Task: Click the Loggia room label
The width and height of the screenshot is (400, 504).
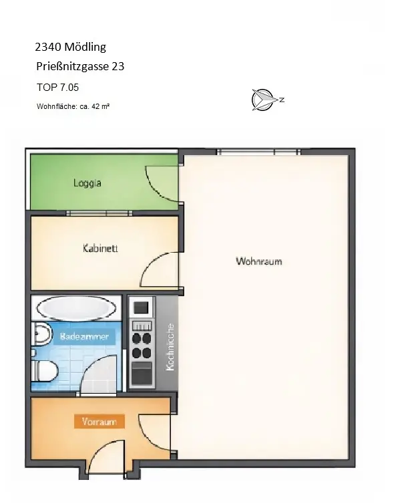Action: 87,182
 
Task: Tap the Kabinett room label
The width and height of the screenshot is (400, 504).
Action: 100,249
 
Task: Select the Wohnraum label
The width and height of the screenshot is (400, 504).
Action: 258,261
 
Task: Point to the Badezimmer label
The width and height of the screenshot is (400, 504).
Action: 85,337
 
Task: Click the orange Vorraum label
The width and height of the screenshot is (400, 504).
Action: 99,422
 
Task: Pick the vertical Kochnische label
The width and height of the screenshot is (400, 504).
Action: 170,347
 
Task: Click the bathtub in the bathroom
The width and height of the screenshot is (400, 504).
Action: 77,309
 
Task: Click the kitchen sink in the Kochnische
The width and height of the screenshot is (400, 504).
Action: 141,308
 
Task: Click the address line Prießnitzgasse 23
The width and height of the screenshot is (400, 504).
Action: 80,67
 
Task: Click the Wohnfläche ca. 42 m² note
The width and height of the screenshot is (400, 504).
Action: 73,106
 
